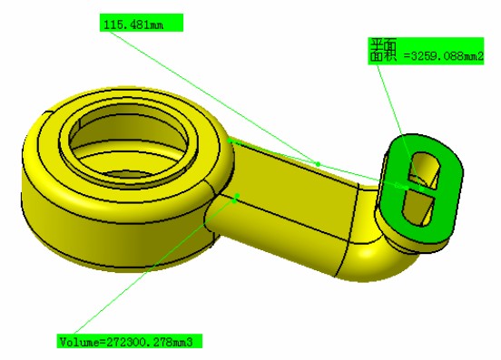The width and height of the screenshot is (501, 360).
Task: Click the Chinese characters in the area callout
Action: point(383,50)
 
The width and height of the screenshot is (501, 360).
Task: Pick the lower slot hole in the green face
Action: point(417,209)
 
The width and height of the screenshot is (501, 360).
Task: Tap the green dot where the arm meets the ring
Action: point(230,141)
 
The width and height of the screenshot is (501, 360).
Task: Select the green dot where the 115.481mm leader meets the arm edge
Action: point(318,164)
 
